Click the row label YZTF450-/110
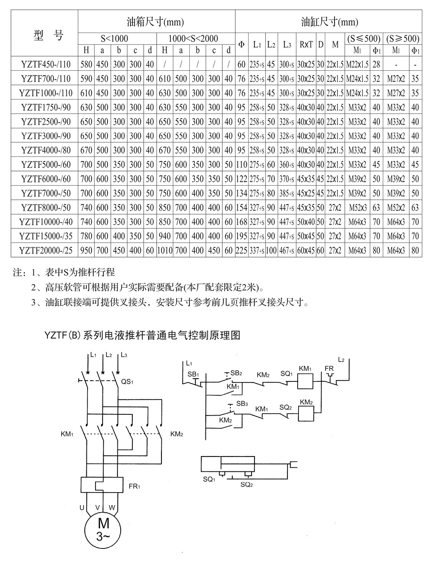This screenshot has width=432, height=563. click(x=44, y=64)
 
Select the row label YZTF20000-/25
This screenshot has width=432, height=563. click(x=44, y=250)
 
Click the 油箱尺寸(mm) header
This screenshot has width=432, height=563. click(x=156, y=22)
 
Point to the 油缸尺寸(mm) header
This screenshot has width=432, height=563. click(x=329, y=22)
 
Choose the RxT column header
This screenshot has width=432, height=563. click(x=306, y=44)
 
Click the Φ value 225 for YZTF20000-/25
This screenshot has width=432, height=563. click(x=241, y=250)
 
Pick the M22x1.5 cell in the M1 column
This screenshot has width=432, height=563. click(x=357, y=64)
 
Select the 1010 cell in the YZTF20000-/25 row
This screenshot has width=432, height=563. click(x=165, y=250)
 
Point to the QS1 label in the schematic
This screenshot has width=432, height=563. click(x=127, y=381)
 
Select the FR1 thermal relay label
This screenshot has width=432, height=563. click(x=134, y=486)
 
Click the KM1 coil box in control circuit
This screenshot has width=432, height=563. click(x=305, y=380)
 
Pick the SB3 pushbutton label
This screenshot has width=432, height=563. click(x=242, y=404)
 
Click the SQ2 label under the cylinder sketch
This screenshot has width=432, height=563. click(x=246, y=484)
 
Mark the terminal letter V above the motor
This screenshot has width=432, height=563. click(x=97, y=508)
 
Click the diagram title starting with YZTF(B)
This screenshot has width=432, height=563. click(x=142, y=335)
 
